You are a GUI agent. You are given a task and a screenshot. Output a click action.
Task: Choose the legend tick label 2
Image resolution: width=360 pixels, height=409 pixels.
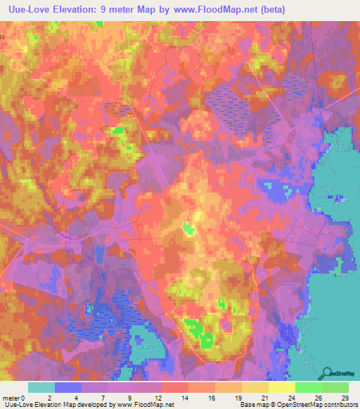pyautogui.click(x=49, y=397)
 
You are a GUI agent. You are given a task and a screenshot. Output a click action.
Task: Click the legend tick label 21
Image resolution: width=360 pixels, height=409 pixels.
pyautogui.click(x=252, y=397)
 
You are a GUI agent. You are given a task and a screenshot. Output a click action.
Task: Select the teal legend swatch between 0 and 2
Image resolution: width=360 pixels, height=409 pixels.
pyautogui.click(x=41, y=387)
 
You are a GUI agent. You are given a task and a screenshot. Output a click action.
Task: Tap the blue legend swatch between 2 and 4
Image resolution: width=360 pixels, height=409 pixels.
pyautogui.click(x=68, y=387)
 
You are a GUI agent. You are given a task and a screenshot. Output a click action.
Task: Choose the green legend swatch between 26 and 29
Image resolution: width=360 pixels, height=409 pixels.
pyautogui.click(x=335, y=387)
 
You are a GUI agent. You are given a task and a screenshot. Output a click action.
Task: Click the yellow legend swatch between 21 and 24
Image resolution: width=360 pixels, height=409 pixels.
pyautogui.click(x=282, y=387)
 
